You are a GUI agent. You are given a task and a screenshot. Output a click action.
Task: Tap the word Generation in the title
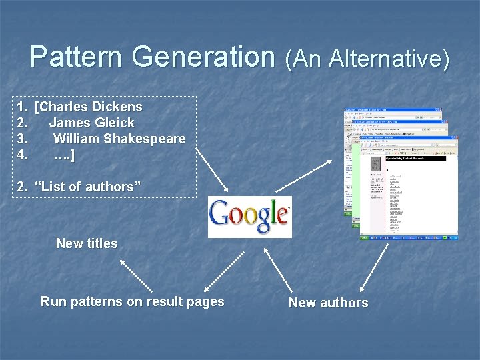click(x=204, y=57)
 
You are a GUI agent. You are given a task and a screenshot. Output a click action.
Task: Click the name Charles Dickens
click(x=89, y=107)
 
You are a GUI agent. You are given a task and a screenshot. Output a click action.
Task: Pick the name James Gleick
click(x=91, y=123)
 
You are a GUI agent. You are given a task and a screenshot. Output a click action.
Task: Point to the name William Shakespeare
click(x=119, y=139)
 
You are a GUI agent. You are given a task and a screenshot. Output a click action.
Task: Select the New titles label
click(x=87, y=243)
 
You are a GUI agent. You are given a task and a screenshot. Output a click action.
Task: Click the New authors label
click(x=328, y=303)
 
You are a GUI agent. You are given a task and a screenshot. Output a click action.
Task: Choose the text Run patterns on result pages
click(x=132, y=301)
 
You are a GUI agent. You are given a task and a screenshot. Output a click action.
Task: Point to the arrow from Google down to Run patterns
click(x=221, y=269)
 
